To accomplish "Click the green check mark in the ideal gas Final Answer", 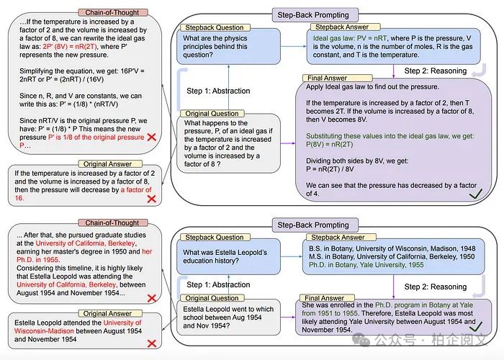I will (474, 192).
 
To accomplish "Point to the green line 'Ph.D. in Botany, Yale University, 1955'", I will (363, 266).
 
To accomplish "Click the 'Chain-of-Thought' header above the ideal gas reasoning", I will (107, 14).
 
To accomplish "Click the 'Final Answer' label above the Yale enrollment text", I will (324, 298).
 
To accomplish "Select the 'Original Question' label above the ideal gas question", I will (212, 114).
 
